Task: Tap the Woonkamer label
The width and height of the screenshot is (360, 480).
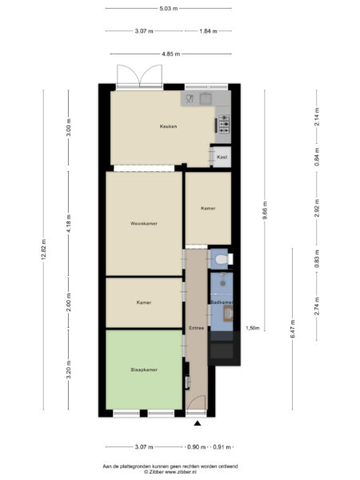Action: tap(144, 223)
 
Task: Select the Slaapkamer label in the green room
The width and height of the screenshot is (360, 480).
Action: tap(144, 370)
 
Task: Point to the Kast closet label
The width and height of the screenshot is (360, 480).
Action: tap(222, 157)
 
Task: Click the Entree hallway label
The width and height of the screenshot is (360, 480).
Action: tap(196, 328)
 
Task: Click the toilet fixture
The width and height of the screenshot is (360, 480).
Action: tap(222, 259)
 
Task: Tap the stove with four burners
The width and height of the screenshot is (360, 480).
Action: tap(224, 123)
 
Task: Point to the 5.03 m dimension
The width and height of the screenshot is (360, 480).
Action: tap(168, 8)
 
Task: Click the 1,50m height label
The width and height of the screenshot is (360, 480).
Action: tap(253, 327)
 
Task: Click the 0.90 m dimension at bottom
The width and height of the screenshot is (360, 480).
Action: tap(195, 447)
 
